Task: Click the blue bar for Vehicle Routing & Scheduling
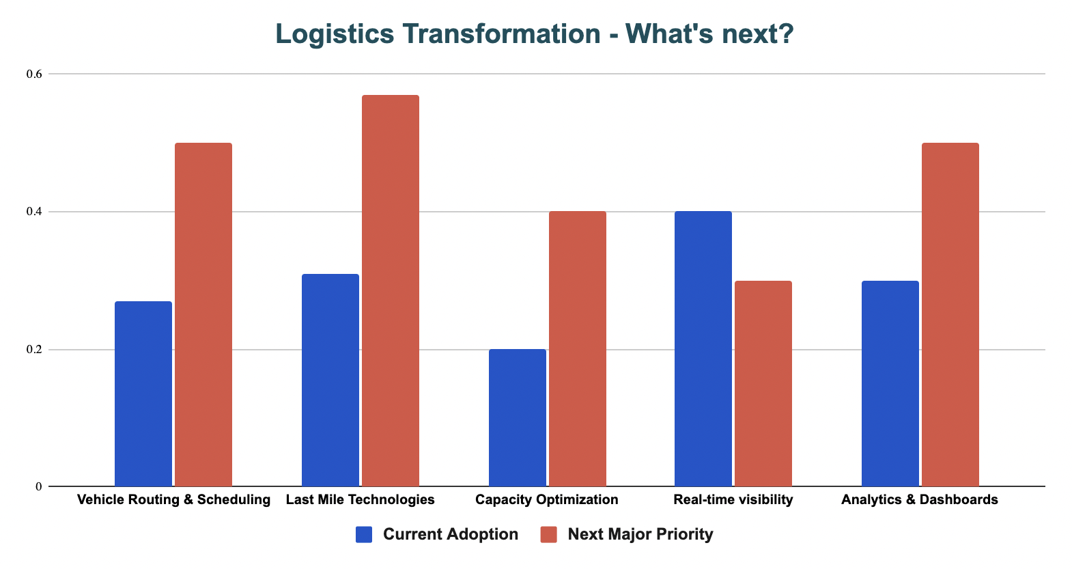143,394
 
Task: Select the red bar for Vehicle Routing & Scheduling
203,315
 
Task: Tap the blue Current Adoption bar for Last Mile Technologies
330,380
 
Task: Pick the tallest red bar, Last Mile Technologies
391,291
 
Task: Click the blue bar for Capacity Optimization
518,418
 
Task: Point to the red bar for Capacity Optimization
578,349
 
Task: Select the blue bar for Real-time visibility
703,349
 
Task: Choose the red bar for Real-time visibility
763,384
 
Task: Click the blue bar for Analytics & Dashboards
890,384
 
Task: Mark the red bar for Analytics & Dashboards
950,315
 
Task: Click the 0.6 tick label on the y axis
34,74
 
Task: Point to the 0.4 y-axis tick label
34,212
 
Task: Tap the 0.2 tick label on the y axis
34,350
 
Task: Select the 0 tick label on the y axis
39,487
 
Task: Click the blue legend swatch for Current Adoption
364,535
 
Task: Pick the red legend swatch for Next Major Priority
549,535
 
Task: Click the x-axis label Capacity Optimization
547,500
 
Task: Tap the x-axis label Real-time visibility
733,500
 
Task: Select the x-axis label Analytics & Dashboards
920,500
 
